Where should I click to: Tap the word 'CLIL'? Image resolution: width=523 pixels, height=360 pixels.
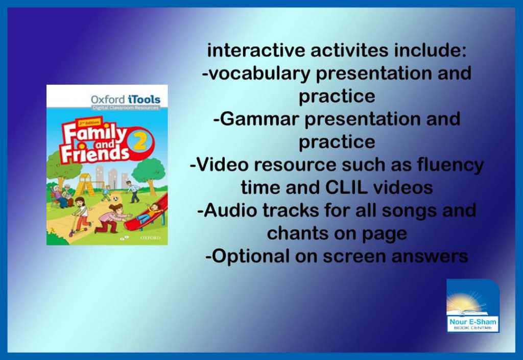346,187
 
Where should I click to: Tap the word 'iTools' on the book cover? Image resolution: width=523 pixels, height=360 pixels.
144,100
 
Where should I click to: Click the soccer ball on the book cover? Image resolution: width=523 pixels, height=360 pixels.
115,199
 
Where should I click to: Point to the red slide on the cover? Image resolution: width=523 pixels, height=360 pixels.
147,215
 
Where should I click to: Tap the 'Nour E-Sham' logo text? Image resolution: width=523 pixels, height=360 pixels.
472,322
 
